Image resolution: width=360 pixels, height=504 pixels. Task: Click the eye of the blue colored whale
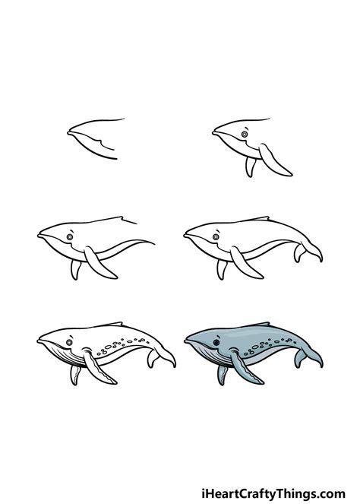[x=216, y=343]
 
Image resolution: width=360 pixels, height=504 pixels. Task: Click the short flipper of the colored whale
[x=222, y=375]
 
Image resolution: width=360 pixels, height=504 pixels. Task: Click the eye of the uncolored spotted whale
[x=69, y=343]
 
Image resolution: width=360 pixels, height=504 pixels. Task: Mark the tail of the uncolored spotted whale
[x=161, y=357]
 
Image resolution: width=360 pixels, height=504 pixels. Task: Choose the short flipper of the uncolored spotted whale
[x=75, y=375]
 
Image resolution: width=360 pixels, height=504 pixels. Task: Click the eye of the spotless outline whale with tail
[x=216, y=237]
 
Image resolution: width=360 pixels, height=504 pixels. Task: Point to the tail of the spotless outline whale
[x=308, y=252]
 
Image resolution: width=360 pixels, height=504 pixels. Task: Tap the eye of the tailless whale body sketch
[x=70, y=237]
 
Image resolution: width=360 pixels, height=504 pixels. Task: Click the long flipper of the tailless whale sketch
[x=99, y=262]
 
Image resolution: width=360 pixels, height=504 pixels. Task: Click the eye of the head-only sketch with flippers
[x=245, y=135]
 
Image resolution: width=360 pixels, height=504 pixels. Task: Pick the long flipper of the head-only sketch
[x=275, y=160]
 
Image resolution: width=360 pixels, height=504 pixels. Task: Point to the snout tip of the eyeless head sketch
[x=68, y=133]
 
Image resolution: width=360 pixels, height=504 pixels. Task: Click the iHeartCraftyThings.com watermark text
[x=273, y=493]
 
